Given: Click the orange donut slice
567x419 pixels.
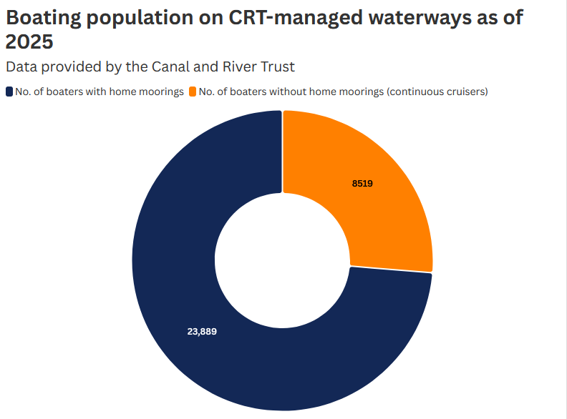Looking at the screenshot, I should tap(372, 207).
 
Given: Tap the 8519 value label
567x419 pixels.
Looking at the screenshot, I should tap(362, 184).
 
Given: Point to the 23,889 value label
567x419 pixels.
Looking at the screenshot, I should tap(202, 332).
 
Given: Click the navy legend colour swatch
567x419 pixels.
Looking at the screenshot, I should tap(9, 92).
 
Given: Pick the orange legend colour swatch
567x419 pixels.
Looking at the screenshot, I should tap(193, 92).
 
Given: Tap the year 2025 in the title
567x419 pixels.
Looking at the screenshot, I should tap(29, 42).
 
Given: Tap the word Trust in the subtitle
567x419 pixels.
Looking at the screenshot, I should tap(276, 66).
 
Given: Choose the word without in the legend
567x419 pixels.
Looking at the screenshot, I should tap(289, 92).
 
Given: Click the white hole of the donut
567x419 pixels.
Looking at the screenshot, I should tap(283, 261).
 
